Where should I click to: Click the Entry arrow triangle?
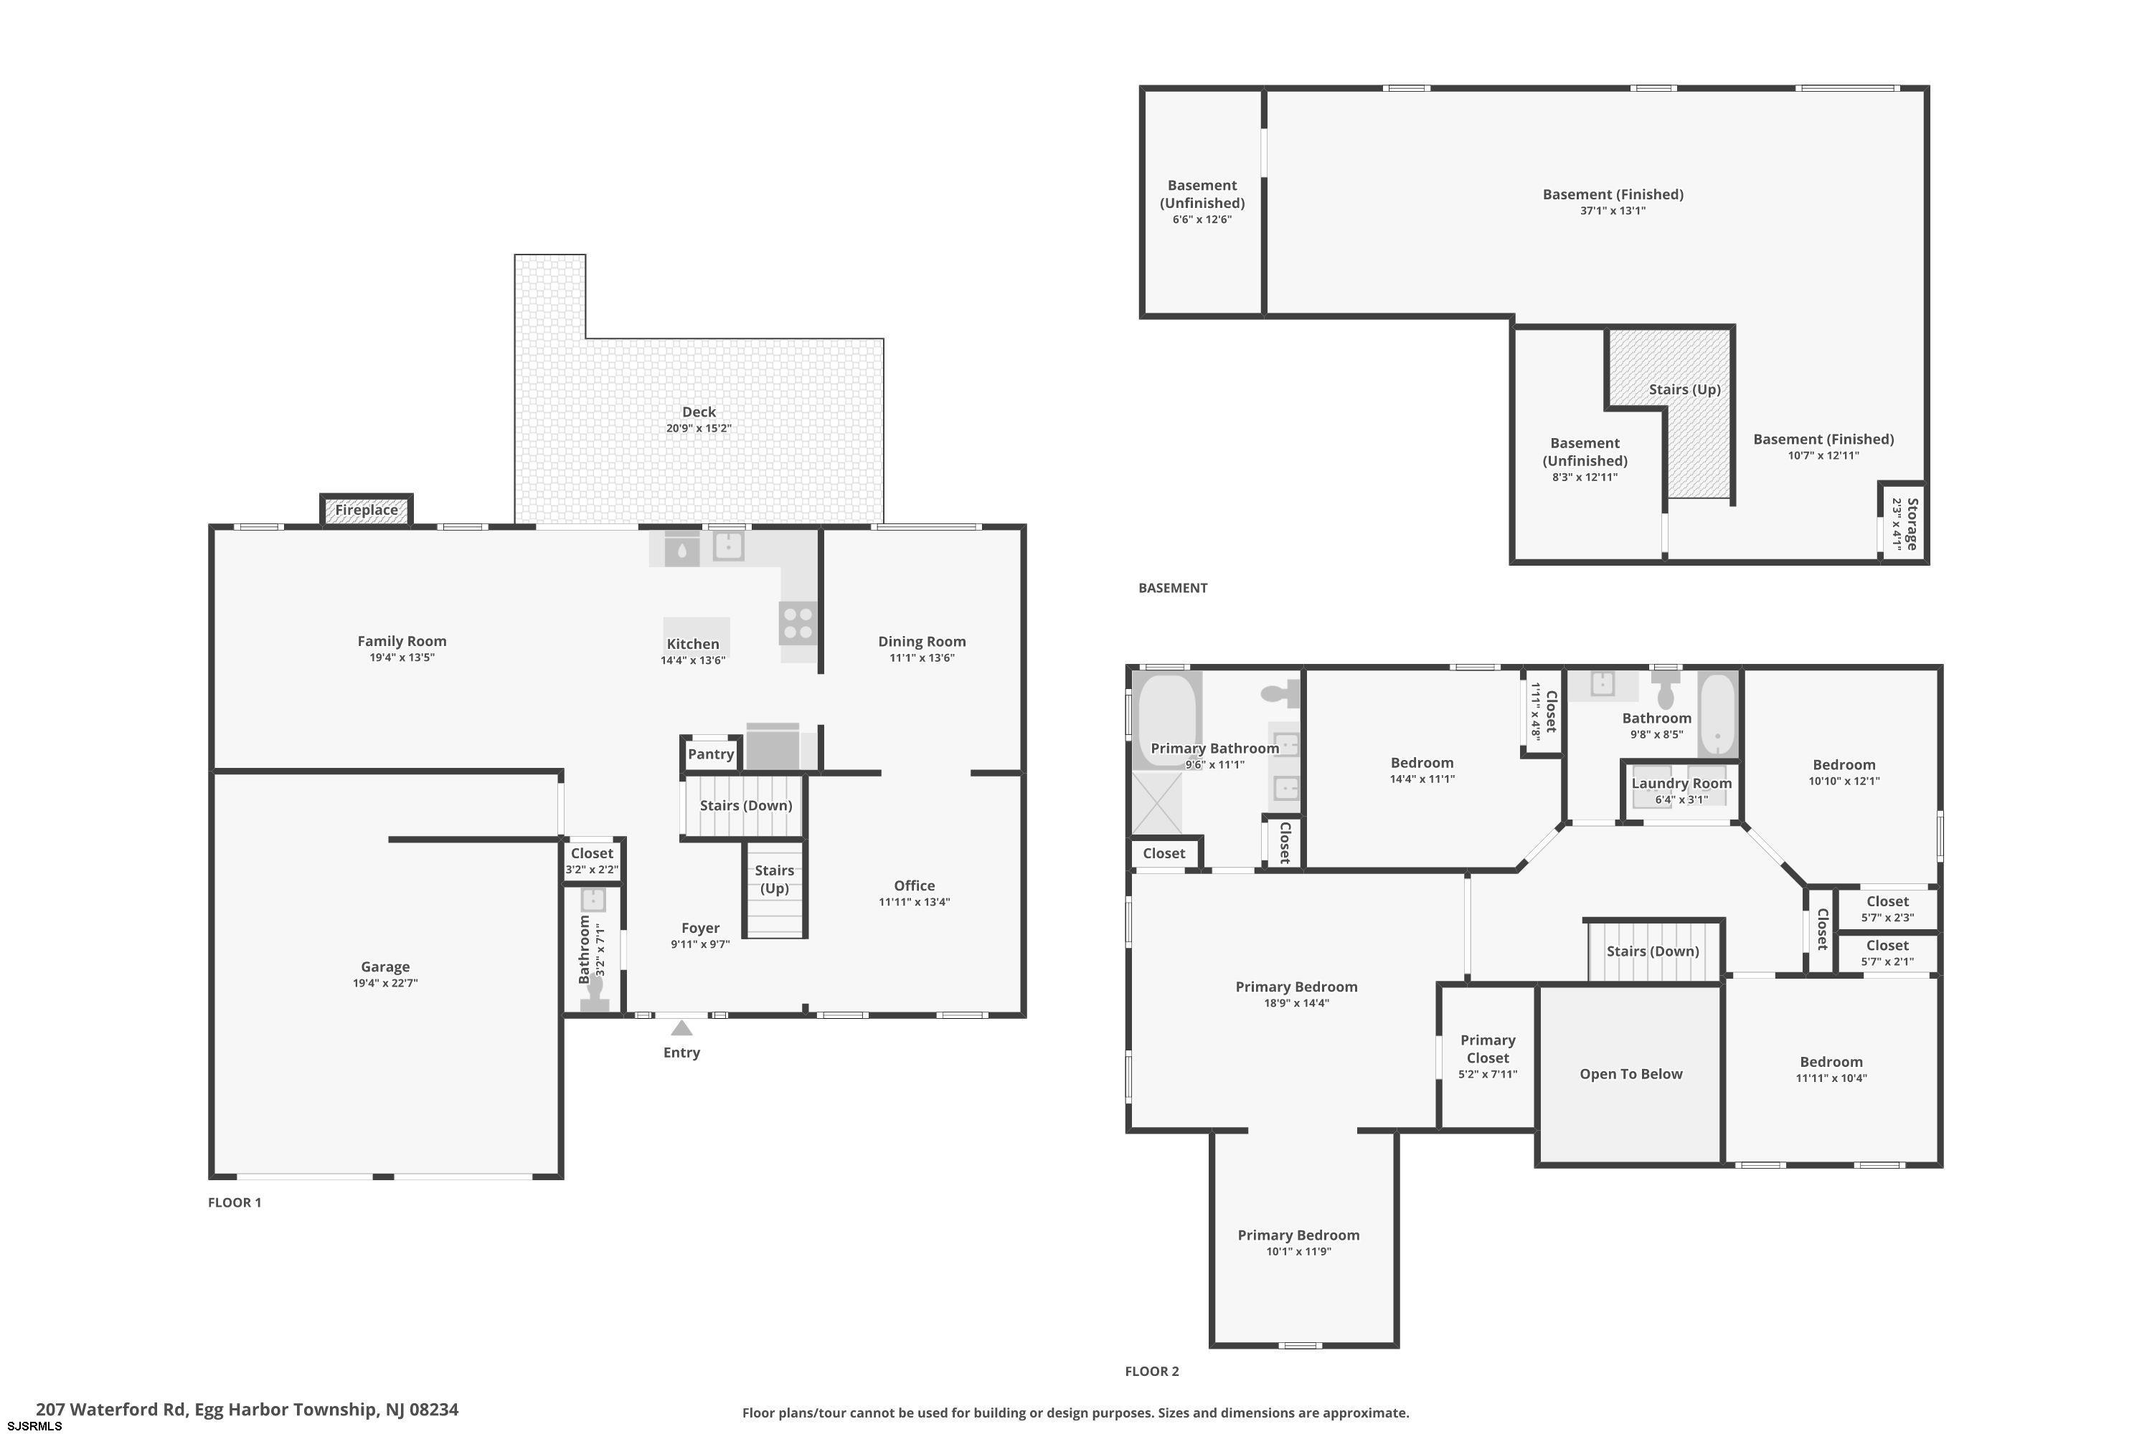pos(681,1028)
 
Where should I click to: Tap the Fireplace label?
pos(366,511)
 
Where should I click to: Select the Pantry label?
pos(711,754)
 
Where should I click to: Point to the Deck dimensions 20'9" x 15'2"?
pos(699,428)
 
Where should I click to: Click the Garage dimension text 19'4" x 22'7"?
pos(385,983)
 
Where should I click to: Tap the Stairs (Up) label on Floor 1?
pos(774,879)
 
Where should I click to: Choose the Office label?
pos(914,885)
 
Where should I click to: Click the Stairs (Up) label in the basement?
pos(1684,389)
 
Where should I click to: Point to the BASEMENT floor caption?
pos(1173,588)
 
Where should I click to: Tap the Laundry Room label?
pos(1681,784)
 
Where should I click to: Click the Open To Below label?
pos(1630,1073)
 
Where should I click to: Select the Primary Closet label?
pos(1488,1049)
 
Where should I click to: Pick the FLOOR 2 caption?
pos(1152,1371)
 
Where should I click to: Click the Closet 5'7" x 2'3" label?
pos(1887,909)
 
